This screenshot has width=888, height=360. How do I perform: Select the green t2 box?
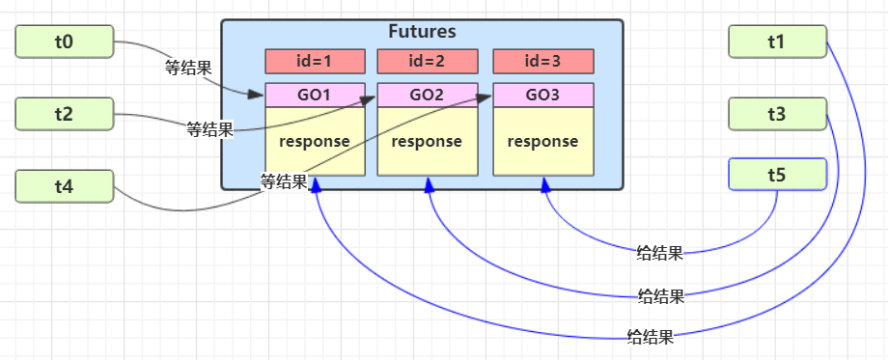65,114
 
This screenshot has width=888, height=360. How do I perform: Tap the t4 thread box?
65,186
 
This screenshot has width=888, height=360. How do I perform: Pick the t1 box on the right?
778,42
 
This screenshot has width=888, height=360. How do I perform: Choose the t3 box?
778,114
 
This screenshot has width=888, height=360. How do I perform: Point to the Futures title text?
422,32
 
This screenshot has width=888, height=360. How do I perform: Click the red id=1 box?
316,62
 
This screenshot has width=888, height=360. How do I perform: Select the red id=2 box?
428,62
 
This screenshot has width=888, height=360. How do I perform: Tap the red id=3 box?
541,62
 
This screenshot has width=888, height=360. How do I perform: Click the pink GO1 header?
316,95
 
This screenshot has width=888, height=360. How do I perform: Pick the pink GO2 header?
428,95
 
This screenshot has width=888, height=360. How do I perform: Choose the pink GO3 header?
541,95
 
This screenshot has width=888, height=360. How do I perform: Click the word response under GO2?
428,142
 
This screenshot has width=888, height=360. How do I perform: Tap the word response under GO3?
541,142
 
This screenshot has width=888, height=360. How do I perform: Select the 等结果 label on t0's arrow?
188,68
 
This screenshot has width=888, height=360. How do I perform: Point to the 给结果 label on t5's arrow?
660,254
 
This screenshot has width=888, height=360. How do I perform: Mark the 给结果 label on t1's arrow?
650,337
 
